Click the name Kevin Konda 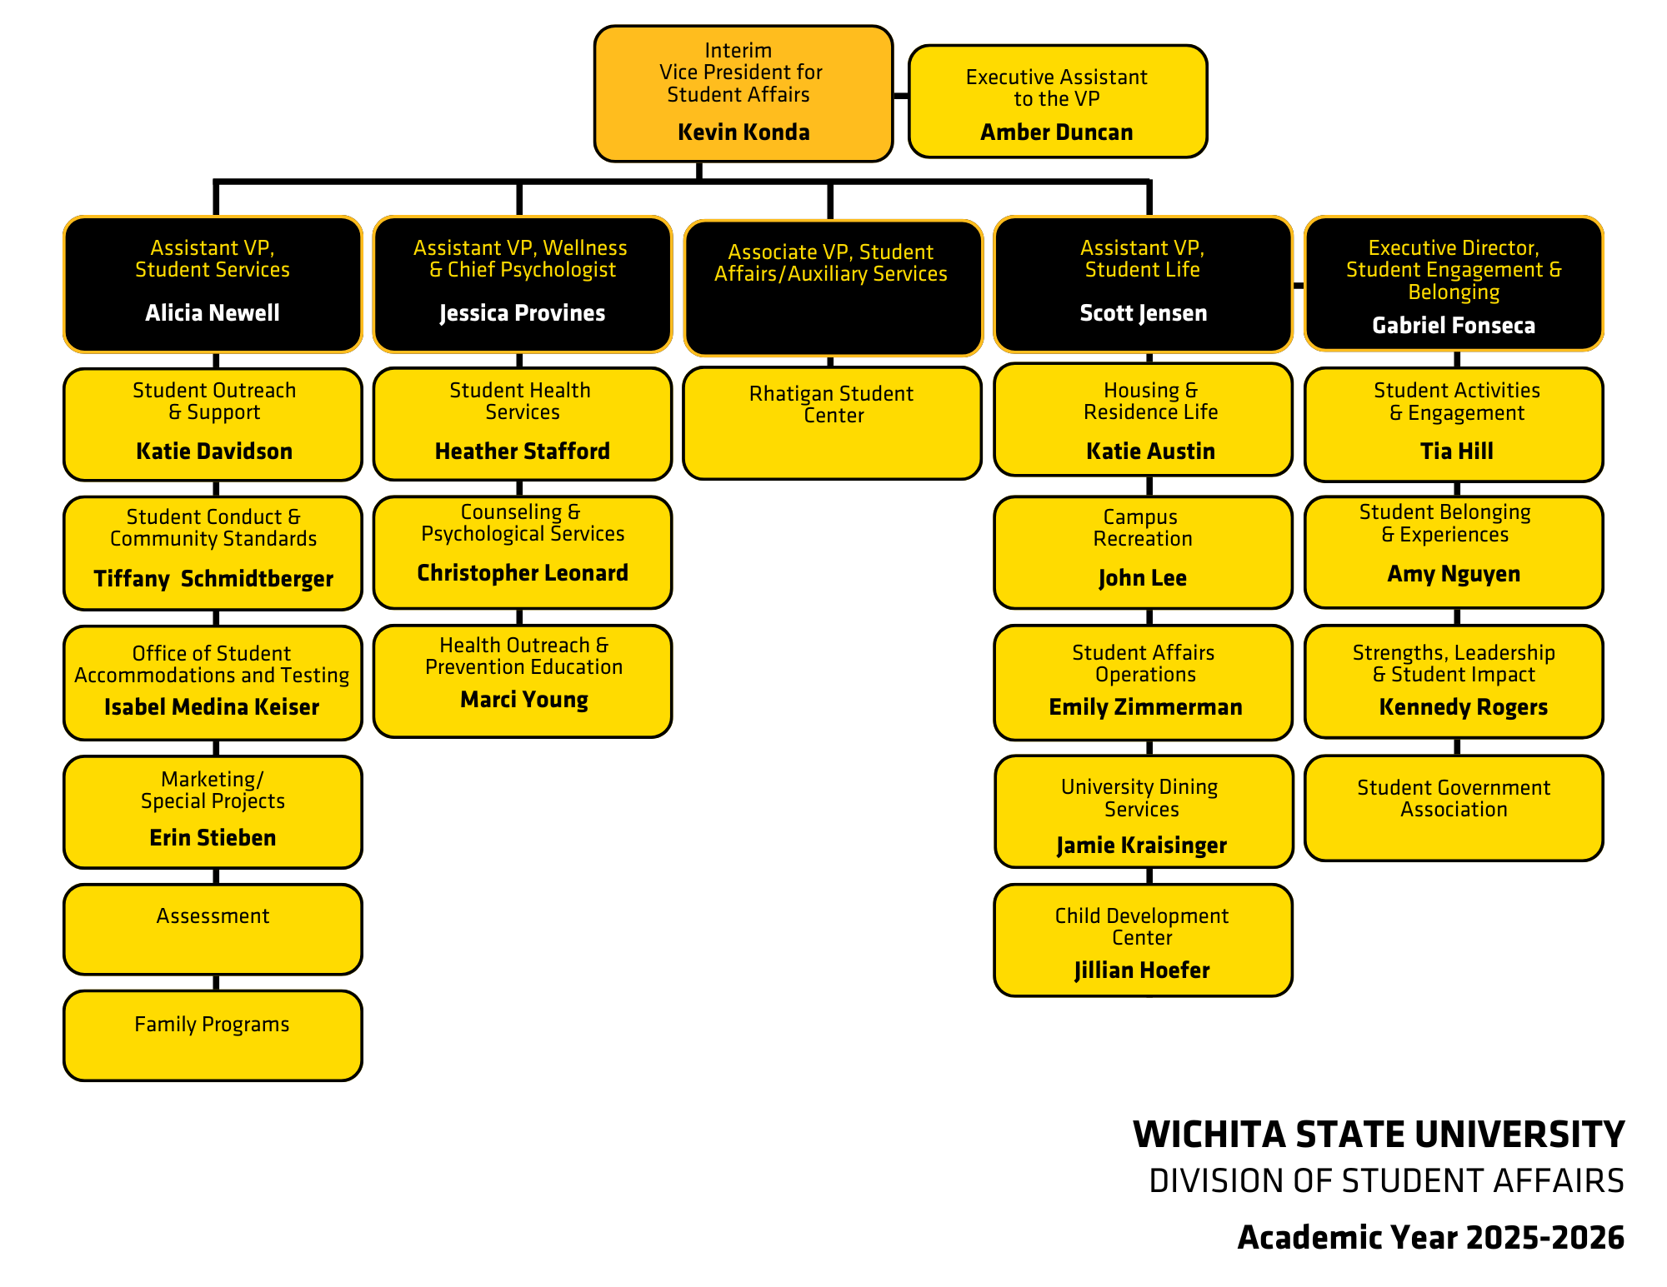(x=743, y=132)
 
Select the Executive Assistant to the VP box (x=1057, y=101)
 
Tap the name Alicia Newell (x=213, y=313)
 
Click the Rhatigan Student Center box (x=832, y=423)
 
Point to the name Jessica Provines (x=523, y=313)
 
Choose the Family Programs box (x=213, y=1035)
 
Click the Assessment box (x=213, y=929)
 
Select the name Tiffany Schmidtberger (x=213, y=578)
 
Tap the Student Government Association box (x=1454, y=807)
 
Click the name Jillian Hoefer (x=1142, y=970)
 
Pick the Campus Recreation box (x=1143, y=552)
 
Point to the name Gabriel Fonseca (x=1454, y=326)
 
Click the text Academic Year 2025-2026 (x=1430, y=1238)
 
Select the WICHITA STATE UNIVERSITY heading (x=1378, y=1135)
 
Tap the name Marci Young (x=524, y=700)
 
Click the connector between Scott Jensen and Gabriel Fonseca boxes (x=1299, y=286)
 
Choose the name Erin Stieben (x=213, y=838)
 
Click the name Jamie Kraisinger (x=1142, y=846)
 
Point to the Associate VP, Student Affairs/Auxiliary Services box (x=833, y=287)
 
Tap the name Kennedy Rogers (x=1463, y=707)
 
